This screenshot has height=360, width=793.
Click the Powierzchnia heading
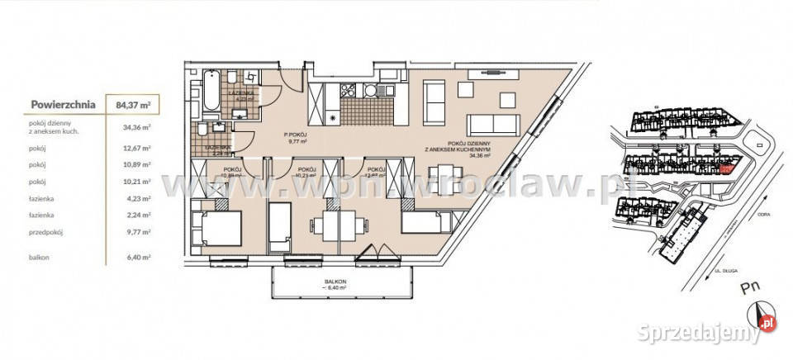(x=64, y=105)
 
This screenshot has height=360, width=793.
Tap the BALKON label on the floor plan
(x=335, y=282)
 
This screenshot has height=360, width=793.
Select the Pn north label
(x=750, y=289)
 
